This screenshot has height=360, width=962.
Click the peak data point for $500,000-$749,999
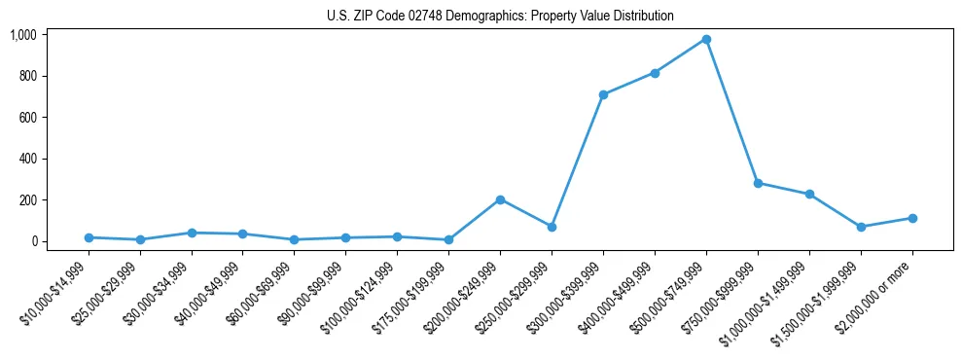coord(706,39)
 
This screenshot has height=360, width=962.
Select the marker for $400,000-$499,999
coord(655,73)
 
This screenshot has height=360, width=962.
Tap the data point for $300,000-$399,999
coord(603,94)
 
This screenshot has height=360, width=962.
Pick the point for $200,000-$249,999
coord(500,199)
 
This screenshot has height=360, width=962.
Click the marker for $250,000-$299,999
coord(552,227)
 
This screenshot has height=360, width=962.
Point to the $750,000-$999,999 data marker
coord(758,183)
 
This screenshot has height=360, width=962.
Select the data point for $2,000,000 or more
coord(912,218)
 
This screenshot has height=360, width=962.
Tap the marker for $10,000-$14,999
coord(89,237)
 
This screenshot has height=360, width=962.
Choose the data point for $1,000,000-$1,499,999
coord(809,194)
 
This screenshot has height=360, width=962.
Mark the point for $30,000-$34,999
coord(192,233)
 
